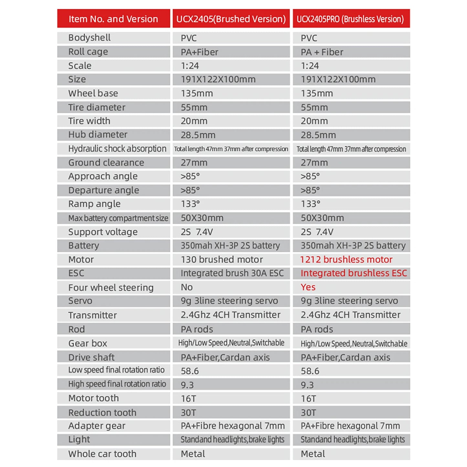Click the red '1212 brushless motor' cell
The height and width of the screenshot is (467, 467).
point(346,260)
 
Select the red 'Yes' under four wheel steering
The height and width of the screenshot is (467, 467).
point(308,287)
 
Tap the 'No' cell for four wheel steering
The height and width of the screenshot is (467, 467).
point(187,287)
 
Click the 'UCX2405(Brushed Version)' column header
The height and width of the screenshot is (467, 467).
point(231,19)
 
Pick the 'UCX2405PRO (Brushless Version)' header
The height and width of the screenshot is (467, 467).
point(350,19)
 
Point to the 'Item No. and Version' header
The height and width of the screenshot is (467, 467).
point(113,19)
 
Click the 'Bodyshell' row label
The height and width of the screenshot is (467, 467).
point(90,38)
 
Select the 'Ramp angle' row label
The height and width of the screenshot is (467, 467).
point(94,204)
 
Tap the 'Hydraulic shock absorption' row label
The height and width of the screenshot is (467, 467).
point(117,149)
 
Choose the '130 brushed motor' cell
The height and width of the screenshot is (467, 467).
point(222,260)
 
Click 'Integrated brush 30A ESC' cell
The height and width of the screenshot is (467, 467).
point(232,273)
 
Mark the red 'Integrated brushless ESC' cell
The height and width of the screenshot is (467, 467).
point(354,273)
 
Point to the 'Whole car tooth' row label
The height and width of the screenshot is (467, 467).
point(102,454)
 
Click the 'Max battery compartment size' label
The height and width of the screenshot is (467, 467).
point(118,218)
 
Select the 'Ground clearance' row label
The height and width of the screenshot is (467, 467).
point(106,163)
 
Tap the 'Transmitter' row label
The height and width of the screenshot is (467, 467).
point(92,315)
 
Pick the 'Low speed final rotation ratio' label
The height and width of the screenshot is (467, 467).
point(116,370)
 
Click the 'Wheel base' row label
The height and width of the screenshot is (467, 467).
point(93,93)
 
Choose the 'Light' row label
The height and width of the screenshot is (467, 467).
point(79,440)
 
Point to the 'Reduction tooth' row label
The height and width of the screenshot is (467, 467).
point(102,413)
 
